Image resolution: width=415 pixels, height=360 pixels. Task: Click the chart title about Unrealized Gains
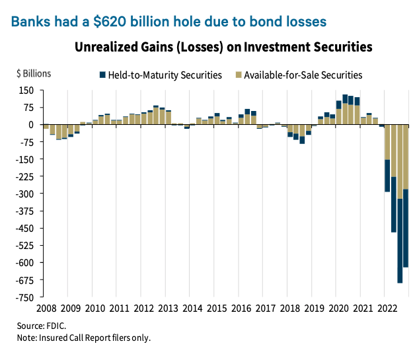point(223,48)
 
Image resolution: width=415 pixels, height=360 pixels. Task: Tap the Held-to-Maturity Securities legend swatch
point(102,75)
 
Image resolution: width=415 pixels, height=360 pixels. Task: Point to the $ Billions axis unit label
point(33,74)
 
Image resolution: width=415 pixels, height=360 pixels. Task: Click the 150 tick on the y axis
point(26,90)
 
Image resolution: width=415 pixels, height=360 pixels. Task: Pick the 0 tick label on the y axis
point(30,124)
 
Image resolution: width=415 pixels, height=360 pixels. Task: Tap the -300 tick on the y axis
point(24,194)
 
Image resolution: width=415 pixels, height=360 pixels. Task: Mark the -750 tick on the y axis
point(24,297)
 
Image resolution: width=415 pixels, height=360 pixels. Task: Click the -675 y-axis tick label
point(24,280)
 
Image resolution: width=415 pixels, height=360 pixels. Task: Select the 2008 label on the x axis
point(46,308)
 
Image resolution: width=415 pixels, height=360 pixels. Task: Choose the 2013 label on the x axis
point(168,308)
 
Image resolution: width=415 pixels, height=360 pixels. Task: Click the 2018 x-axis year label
point(289,308)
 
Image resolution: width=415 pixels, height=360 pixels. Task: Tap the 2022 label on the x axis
point(387,308)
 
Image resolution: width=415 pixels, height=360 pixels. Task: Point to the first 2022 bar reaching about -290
point(387,158)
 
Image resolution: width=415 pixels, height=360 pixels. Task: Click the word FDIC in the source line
point(57,326)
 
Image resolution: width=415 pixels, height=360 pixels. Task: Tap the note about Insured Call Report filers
point(84,338)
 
